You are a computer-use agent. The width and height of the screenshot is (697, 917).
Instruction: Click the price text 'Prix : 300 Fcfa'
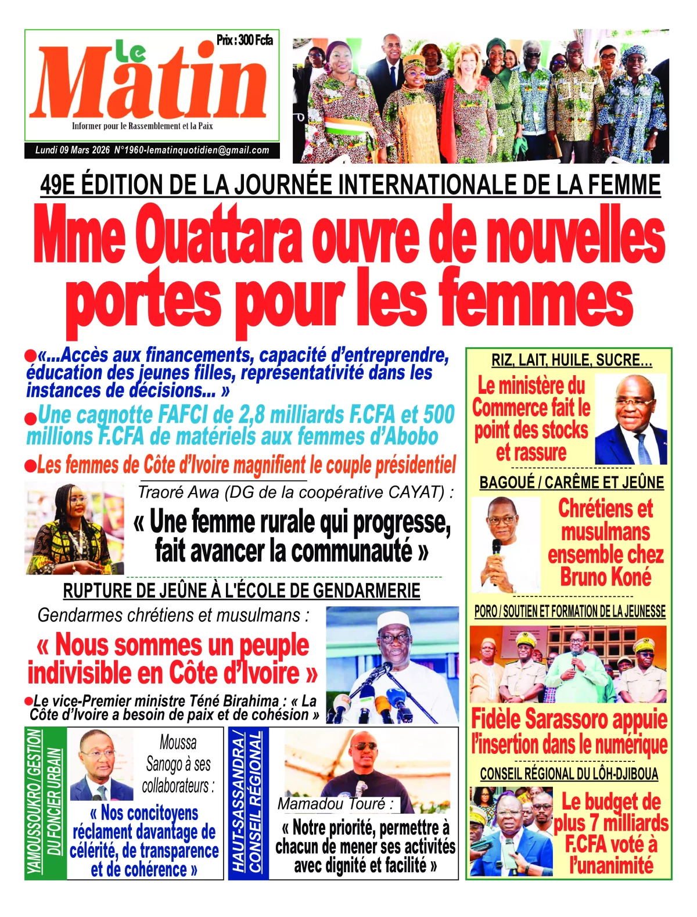pyautogui.click(x=245, y=40)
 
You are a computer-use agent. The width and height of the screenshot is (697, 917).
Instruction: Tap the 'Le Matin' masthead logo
pyautogui.click(x=152, y=81)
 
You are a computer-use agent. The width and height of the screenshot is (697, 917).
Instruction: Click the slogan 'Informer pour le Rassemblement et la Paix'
pyautogui.click(x=142, y=126)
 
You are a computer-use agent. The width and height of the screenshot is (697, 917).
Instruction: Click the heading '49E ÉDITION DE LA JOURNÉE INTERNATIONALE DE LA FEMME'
pyautogui.click(x=350, y=185)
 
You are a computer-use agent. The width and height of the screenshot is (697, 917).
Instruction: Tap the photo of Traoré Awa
pyautogui.click(x=74, y=528)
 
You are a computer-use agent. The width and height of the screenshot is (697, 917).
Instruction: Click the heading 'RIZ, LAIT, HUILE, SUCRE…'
pyautogui.click(x=572, y=361)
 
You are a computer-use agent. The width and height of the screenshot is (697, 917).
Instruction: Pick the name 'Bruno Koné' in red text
pyautogui.click(x=605, y=577)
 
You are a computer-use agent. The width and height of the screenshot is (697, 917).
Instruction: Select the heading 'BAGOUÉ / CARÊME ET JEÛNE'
pyautogui.click(x=572, y=483)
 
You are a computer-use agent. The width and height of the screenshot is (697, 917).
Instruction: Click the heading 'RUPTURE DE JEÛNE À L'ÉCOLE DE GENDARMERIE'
pyautogui.click(x=242, y=591)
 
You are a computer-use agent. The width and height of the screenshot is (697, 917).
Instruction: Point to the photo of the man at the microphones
pyautogui.click(x=392, y=665)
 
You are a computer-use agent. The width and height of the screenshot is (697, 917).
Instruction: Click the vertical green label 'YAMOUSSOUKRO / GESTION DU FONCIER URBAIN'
pyautogui.click(x=45, y=802)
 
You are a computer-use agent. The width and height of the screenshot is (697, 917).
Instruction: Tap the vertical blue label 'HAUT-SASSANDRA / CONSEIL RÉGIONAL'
pyautogui.click(x=248, y=802)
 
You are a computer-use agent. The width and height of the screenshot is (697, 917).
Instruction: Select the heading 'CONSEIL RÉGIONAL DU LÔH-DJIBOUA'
pyautogui.click(x=569, y=774)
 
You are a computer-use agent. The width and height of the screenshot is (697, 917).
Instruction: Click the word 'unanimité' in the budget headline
pyautogui.click(x=611, y=866)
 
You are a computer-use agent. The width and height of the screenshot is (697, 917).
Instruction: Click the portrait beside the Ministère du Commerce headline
pyautogui.click(x=630, y=419)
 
